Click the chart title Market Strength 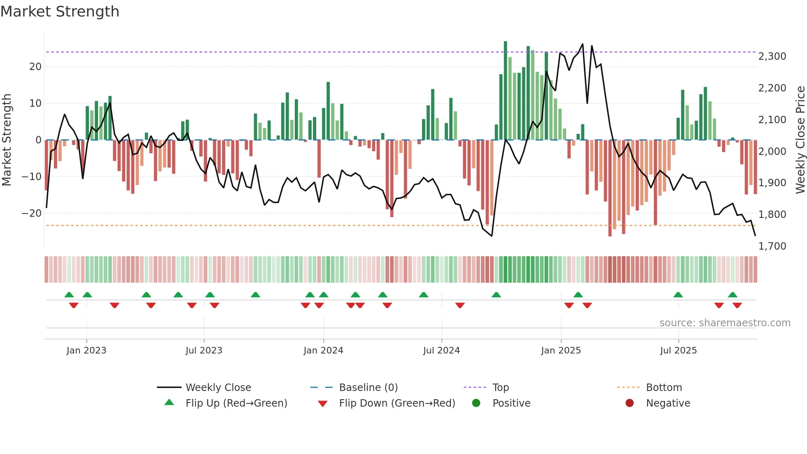pyautogui.click(x=60, y=12)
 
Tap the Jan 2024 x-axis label pyautogui.click(x=323, y=351)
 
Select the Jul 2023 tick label pyautogui.click(x=204, y=351)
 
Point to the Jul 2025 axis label pyautogui.click(x=678, y=351)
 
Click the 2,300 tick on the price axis pyautogui.click(x=772, y=56)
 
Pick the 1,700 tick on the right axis pyautogui.click(x=772, y=246)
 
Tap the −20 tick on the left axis pyautogui.click(x=32, y=213)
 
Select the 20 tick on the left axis pyautogui.click(x=35, y=67)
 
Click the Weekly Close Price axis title pyautogui.click(x=800, y=140)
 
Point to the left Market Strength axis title pyautogui.click(x=7, y=140)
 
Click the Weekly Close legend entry pyautogui.click(x=218, y=388)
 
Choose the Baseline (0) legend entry pyautogui.click(x=368, y=388)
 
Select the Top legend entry pyautogui.click(x=500, y=388)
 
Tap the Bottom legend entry pyautogui.click(x=664, y=388)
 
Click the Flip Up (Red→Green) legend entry pyautogui.click(x=236, y=403)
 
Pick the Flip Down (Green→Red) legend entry pyautogui.click(x=397, y=403)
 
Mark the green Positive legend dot pyautogui.click(x=476, y=403)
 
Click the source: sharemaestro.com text pyautogui.click(x=725, y=323)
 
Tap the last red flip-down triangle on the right pyautogui.click(x=737, y=305)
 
